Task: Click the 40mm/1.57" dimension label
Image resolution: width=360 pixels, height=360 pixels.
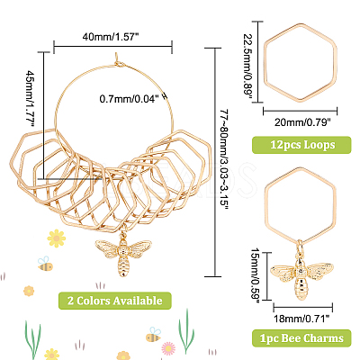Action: tap(111, 37)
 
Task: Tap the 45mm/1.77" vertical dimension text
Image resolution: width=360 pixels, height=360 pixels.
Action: tap(31, 98)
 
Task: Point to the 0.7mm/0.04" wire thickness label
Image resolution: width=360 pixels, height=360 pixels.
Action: tap(129, 98)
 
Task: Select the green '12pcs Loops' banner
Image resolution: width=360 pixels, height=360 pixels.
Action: tap(301, 145)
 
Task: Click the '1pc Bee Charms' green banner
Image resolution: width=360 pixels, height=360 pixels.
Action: tap(301, 338)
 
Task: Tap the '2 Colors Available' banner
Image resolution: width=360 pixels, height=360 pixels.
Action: tap(115, 301)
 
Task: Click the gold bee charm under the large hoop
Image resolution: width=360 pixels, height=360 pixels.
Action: tap(122, 255)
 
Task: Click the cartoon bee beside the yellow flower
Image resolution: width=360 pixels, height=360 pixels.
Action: tap(45, 264)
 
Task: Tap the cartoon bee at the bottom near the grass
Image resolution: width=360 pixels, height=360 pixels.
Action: tap(153, 336)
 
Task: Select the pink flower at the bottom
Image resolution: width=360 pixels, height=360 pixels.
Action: tap(168, 348)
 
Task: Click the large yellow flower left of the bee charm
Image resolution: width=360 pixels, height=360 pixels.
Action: tap(57, 238)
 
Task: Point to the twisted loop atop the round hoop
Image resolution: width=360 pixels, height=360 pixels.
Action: tap(118, 60)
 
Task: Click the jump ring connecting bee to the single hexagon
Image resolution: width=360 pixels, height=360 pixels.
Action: tap(299, 247)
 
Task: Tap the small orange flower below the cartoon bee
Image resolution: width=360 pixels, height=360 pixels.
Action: tap(29, 291)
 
